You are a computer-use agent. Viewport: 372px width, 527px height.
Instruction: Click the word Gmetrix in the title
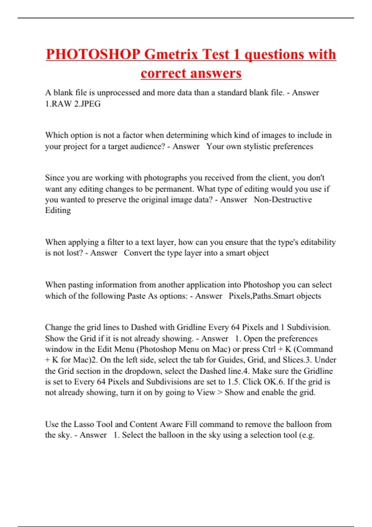coord(171,55)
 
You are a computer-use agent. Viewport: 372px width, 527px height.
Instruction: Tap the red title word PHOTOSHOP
coord(93,55)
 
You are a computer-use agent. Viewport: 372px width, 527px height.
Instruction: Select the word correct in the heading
coord(163,73)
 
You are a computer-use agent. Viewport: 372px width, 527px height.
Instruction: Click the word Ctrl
coord(269,349)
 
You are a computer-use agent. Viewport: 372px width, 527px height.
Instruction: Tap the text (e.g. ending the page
coord(307,435)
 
